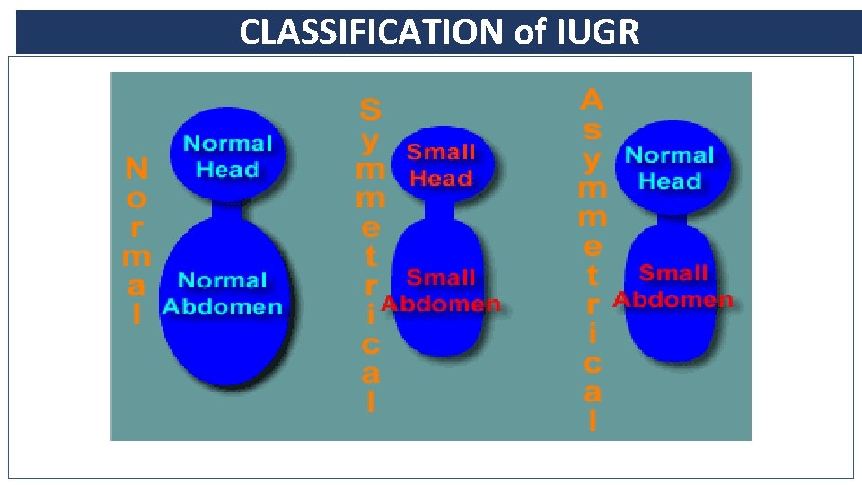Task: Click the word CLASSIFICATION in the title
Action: (374, 32)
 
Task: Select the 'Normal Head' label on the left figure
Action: (227, 156)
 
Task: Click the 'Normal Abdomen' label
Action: (222, 294)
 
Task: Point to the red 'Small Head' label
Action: (440, 164)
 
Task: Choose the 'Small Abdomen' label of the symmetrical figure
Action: (441, 290)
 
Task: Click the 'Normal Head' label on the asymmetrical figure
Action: (669, 168)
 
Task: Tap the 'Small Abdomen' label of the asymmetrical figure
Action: (673, 286)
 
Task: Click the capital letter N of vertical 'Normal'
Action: (136, 168)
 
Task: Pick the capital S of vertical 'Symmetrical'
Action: (370, 111)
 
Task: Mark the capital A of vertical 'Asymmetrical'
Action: (592, 100)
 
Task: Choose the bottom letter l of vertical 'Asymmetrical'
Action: (592, 419)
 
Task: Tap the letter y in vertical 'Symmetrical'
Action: (370, 141)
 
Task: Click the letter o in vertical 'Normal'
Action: (136, 198)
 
